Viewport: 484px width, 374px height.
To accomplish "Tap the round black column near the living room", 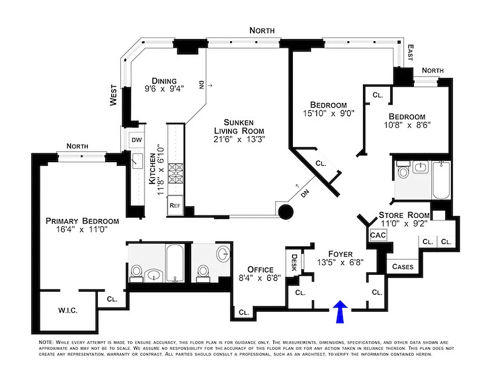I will click(x=285, y=212).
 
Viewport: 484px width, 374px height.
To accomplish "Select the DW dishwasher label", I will click(x=136, y=140).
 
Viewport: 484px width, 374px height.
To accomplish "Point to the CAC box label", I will click(x=378, y=235).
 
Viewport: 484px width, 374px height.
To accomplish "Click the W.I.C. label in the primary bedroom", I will click(x=68, y=310).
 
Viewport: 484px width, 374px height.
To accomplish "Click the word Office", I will click(x=260, y=270).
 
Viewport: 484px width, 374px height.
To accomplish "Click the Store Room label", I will click(x=404, y=215).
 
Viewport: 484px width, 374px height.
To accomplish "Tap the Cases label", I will click(x=402, y=266).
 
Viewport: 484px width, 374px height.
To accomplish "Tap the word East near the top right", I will click(x=410, y=52).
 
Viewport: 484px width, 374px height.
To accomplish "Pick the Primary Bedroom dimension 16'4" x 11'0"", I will click(x=82, y=230).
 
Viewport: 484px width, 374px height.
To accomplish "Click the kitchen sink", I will click(x=137, y=162).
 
